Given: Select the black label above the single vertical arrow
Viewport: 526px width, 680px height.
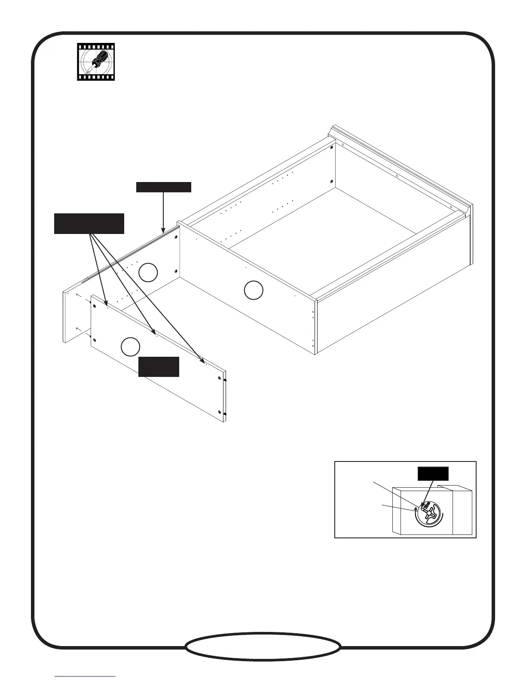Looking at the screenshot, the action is [163, 187].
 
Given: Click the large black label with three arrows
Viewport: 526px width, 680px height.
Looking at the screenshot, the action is [89, 223].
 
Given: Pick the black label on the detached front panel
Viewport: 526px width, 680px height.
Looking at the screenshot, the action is [159, 366].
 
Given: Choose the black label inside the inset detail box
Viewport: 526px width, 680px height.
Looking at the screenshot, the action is [433, 473].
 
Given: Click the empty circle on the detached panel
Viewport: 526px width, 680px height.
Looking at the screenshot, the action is [130, 347].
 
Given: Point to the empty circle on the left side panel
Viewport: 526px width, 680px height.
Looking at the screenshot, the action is [148, 272].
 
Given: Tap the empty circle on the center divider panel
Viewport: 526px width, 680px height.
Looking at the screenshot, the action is [254, 290].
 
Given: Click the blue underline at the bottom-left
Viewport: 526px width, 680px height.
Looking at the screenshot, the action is [85, 677].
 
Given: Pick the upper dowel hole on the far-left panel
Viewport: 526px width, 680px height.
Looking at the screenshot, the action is [76, 295].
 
